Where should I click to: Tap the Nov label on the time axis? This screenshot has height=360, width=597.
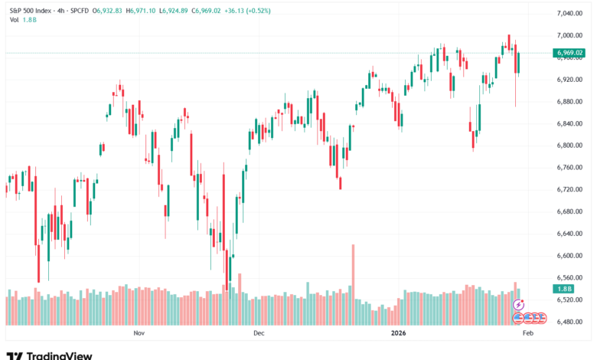[139, 333]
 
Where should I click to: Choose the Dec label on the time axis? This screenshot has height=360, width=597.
[258, 333]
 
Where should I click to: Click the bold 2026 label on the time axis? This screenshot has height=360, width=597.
[398, 333]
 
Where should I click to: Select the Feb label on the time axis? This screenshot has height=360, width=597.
[527, 333]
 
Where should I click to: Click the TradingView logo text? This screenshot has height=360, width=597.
[59, 355]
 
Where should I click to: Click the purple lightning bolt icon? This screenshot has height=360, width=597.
[518, 305]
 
